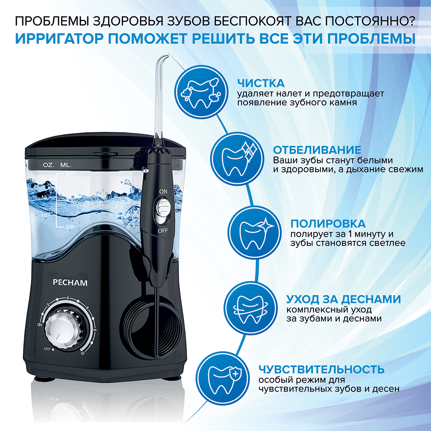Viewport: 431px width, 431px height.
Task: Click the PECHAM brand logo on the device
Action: [x=70, y=283]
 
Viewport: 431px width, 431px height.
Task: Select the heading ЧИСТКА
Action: [x=261, y=83]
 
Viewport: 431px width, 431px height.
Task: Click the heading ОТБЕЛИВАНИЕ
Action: [x=317, y=150]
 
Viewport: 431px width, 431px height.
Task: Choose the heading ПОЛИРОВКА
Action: [x=328, y=223]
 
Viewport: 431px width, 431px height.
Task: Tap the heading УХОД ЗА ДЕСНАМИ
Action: [x=344, y=299]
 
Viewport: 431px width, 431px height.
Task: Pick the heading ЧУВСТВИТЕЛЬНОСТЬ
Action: [x=321, y=370]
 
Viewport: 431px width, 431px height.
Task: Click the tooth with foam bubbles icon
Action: [x=201, y=92]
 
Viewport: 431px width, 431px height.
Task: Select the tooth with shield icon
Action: [x=223, y=378]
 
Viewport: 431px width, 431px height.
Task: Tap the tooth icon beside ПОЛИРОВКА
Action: [x=255, y=233]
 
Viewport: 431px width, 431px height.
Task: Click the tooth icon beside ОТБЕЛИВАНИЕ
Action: [x=237, y=158]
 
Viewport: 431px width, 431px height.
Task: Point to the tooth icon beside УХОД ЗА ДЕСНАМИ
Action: [x=250, y=308]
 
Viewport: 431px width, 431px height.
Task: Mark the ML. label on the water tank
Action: [x=66, y=165]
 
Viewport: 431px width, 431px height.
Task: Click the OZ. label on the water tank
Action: [x=48, y=165]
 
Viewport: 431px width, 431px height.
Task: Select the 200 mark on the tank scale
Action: [x=70, y=227]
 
